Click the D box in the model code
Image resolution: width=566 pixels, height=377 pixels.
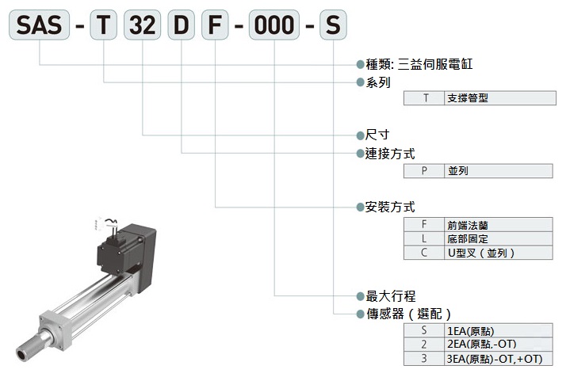[182, 26]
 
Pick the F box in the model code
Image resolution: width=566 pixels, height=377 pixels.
[215, 26]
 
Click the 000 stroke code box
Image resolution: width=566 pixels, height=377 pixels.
[274, 26]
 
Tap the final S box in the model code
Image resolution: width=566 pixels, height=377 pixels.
[333, 26]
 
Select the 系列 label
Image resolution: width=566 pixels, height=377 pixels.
[378, 82]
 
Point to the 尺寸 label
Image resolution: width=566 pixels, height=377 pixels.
[378, 136]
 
